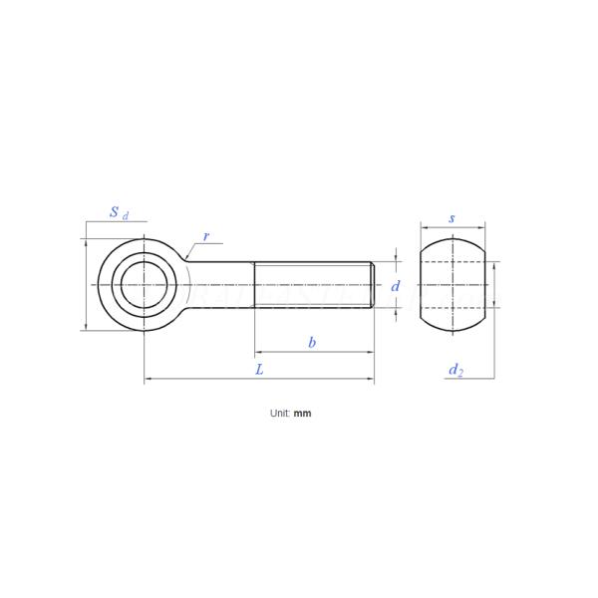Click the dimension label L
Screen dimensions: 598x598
coord(259,369)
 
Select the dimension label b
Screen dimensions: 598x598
coord(312,342)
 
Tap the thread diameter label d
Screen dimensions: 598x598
coord(396,286)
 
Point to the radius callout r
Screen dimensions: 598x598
coord(206,236)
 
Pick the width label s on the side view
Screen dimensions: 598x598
coord(451,217)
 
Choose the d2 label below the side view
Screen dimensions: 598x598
coord(455,370)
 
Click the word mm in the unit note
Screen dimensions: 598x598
coord(302,413)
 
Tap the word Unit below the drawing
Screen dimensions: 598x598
coord(279,413)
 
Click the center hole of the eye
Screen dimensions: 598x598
coord(145,284)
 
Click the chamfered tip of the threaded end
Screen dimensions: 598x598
coord(373,285)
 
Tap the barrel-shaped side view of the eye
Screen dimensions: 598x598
coord(451,284)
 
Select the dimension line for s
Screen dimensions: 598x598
coord(451,227)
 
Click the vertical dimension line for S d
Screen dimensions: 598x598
coord(87,284)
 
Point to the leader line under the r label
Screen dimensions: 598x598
coord(207,244)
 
